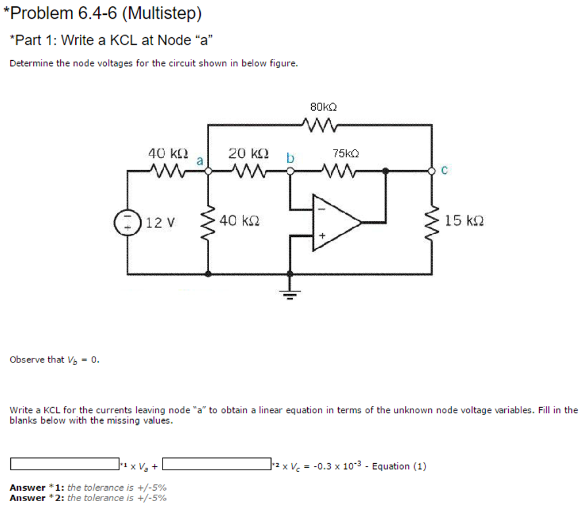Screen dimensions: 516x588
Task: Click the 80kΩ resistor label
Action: tap(323, 107)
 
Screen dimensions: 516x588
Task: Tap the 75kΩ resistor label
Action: tap(346, 153)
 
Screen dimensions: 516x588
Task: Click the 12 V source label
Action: tap(163, 222)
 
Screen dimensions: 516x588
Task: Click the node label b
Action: tap(291, 157)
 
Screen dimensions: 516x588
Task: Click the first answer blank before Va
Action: tap(64, 463)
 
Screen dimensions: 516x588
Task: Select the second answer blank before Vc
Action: tap(220, 463)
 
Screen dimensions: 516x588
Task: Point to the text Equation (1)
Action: tap(399, 466)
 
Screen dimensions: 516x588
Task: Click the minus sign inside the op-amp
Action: tap(321, 209)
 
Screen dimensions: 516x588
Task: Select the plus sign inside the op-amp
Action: tap(322, 236)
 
